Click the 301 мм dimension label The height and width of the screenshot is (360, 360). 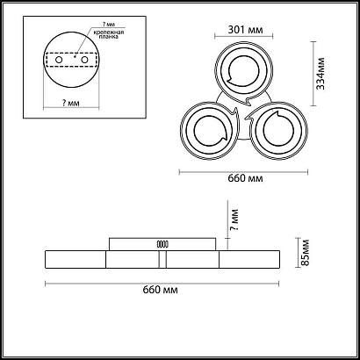point(245,30)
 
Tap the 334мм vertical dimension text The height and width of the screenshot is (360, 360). point(320,74)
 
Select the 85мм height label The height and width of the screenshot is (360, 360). point(306,252)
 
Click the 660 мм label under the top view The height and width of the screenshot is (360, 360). point(245,178)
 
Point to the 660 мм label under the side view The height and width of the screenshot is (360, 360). point(160,290)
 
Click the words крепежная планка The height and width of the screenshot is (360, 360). point(109,35)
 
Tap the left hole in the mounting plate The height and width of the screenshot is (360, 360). point(59,60)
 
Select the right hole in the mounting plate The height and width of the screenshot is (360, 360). point(84,60)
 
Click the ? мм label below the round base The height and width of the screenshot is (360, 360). point(71,103)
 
